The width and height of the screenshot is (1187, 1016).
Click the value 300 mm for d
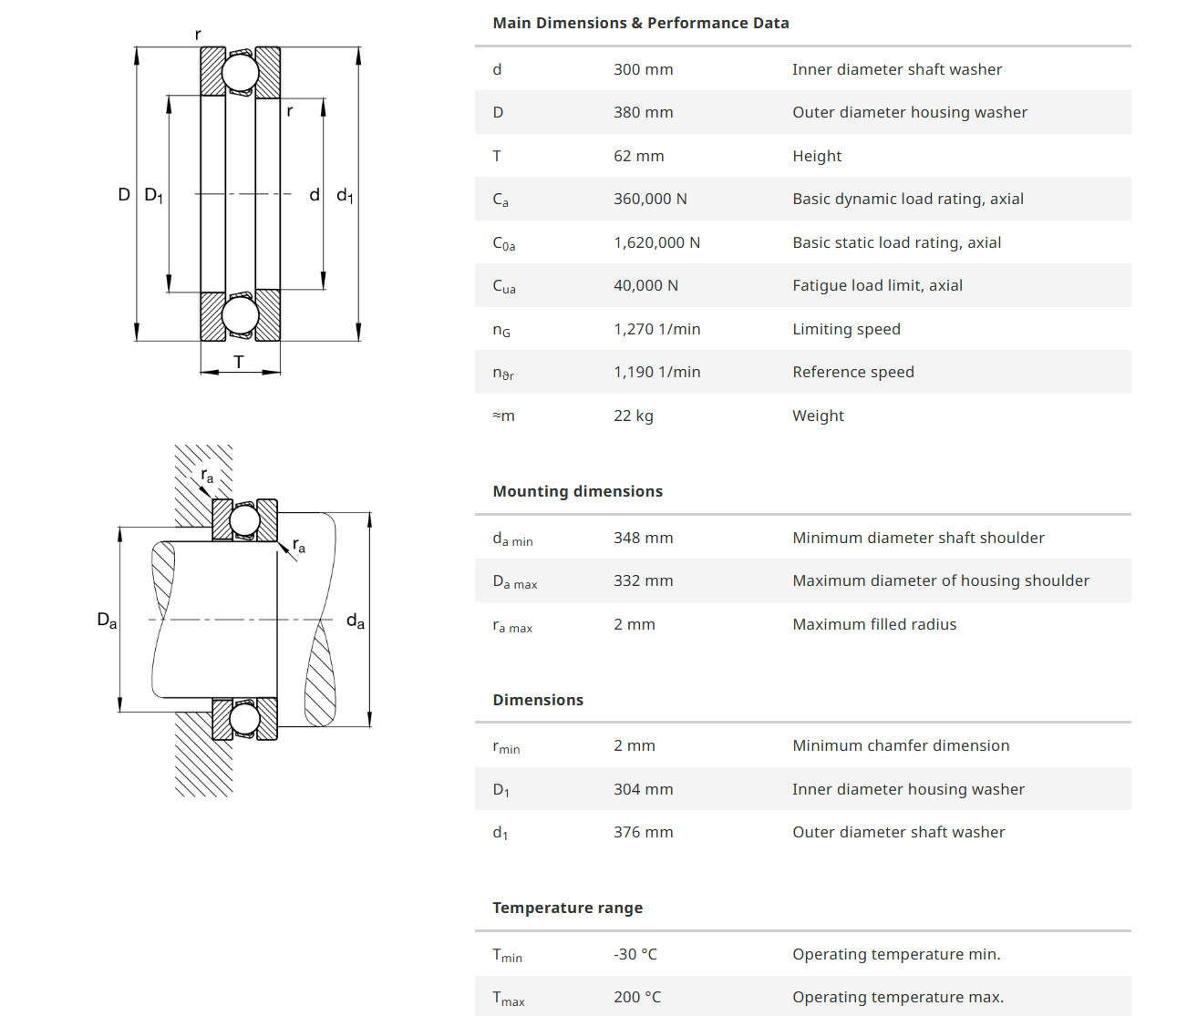(x=643, y=69)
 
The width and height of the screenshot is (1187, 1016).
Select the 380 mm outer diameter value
(x=643, y=112)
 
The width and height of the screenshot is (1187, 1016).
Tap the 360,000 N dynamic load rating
(x=650, y=199)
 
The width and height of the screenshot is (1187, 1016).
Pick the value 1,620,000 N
(x=656, y=242)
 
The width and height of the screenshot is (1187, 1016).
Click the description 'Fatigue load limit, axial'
(x=877, y=285)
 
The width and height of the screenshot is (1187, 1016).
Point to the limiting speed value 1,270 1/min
(x=656, y=329)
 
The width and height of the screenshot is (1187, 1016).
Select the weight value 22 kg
(x=633, y=416)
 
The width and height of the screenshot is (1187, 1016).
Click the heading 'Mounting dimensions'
(x=577, y=491)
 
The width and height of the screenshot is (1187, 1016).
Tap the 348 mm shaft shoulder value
(x=643, y=538)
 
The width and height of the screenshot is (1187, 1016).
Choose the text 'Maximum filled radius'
(x=874, y=624)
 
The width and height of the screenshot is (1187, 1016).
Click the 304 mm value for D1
(x=643, y=789)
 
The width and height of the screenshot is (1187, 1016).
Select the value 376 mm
(x=643, y=832)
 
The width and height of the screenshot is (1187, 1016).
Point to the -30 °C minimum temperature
(x=635, y=954)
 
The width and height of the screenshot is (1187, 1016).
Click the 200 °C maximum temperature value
(x=637, y=997)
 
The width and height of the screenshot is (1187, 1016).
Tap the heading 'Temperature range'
(x=567, y=908)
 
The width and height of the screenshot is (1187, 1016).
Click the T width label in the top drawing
(x=239, y=362)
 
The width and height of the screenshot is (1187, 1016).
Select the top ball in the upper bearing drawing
(x=241, y=72)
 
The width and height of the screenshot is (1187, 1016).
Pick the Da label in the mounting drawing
(x=107, y=621)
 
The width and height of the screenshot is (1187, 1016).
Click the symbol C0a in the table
(x=503, y=243)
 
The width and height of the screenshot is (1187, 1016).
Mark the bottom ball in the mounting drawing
(x=244, y=719)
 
